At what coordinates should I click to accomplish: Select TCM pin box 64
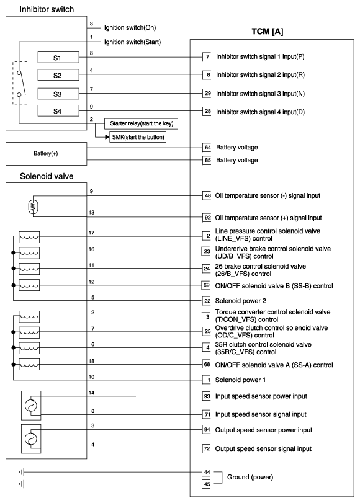208,148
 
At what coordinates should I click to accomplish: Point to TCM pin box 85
208,160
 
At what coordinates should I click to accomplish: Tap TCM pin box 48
208,195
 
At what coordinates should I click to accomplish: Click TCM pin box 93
208,396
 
